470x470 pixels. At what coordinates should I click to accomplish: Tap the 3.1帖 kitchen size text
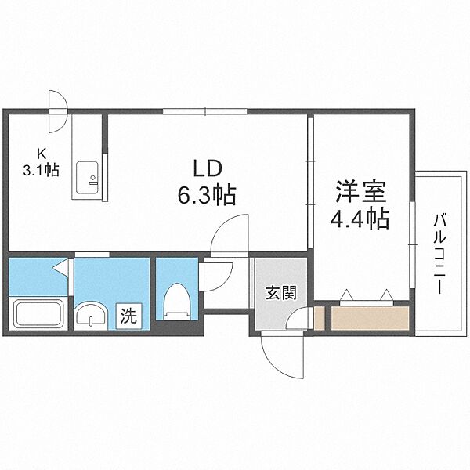point(41,170)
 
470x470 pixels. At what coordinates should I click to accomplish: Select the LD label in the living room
point(208,168)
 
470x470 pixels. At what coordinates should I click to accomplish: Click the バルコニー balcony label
point(438,253)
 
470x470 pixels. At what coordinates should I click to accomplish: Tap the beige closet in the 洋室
point(369,317)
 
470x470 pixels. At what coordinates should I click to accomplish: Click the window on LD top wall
point(205,111)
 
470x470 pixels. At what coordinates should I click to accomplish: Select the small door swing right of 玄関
point(298,319)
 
